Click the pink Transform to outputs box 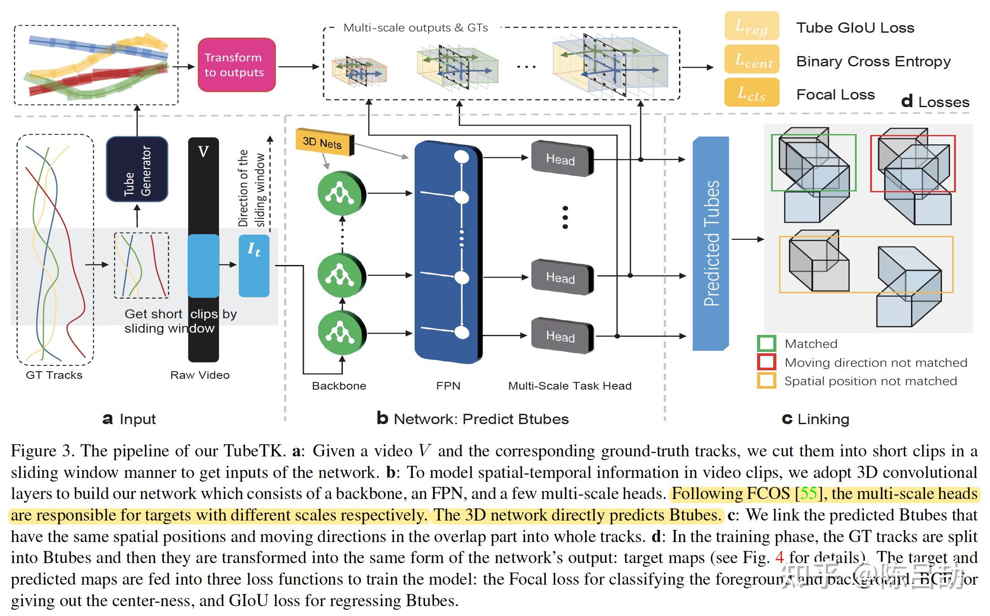point(237,65)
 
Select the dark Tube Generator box point(137,169)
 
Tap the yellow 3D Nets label point(324,143)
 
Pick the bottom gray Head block point(561,336)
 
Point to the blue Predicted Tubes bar point(711,243)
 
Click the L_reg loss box point(752,27)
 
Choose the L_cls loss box point(752,93)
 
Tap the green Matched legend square point(767,344)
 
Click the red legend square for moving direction point(767,362)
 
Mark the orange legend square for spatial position point(767,381)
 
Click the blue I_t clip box point(254,265)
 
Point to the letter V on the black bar point(203,152)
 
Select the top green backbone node point(342,194)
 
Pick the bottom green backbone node point(342,333)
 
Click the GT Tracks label point(54,375)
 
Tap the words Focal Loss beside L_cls point(835,95)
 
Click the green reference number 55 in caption point(809,494)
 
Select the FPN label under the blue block point(448,386)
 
